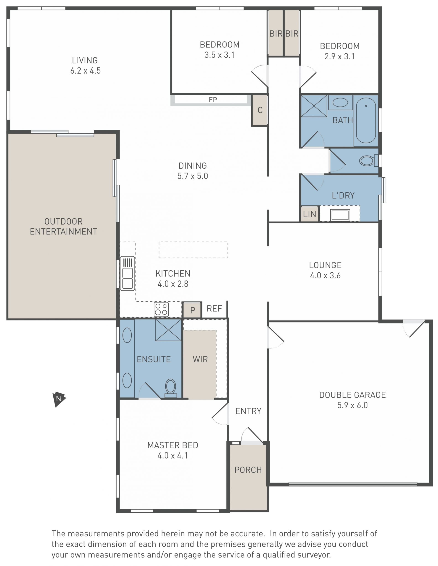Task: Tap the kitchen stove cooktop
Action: [x=161, y=309]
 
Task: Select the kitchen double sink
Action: [x=127, y=273]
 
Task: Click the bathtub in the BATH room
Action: [x=366, y=121]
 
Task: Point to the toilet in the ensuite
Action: [x=170, y=388]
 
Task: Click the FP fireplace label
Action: [x=213, y=100]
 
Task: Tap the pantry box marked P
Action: [x=192, y=310]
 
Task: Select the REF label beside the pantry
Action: [x=214, y=308]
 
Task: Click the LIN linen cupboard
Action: [x=309, y=214]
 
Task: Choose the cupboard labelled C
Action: [x=260, y=110]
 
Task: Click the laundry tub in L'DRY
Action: [x=340, y=215]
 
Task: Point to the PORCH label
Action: [x=248, y=470]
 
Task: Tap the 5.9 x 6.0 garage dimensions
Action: [x=352, y=405]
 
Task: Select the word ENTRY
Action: [x=248, y=411]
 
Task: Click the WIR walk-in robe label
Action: [x=200, y=359]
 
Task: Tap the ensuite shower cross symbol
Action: [x=168, y=330]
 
